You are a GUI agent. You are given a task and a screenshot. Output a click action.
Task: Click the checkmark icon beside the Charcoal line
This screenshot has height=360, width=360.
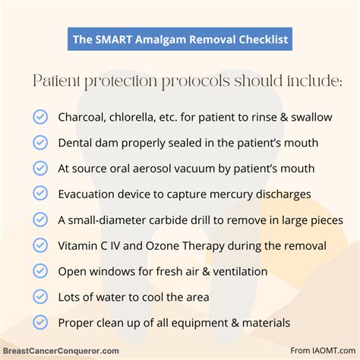tap(40, 117)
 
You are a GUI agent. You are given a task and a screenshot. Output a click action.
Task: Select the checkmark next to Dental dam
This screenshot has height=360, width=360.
tap(40, 143)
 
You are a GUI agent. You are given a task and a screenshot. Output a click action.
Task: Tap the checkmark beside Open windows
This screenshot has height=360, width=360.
tap(40, 271)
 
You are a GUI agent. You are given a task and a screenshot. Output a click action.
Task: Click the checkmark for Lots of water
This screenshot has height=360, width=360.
tap(40, 297)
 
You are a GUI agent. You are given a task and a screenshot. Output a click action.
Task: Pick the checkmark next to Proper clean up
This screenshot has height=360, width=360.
tap(40, 323)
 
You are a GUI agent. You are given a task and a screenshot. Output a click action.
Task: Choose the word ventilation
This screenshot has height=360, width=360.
tap(240, 271)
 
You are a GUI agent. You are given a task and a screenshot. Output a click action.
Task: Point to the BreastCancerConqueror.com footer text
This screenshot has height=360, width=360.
tap(61, 351)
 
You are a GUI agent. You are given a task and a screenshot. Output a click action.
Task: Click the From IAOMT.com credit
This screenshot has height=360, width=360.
tap(323, 351)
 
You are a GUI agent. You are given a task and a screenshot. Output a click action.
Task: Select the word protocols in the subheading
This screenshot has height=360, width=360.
tap(196, 81)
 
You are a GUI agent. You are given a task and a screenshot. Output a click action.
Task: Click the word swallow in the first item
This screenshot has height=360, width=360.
tap(311, 117)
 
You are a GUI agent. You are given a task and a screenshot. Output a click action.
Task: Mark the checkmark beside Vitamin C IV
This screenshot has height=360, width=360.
tap(40, 245)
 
